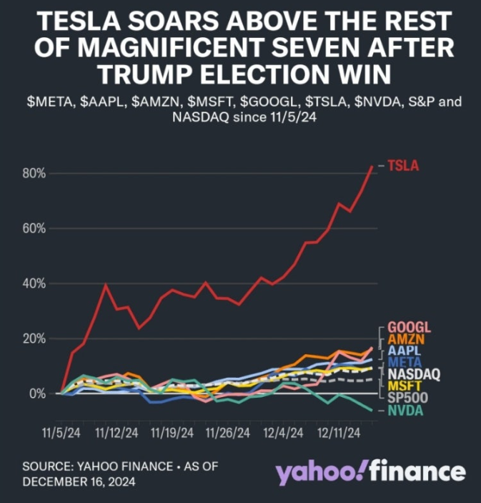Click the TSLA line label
(404, 166)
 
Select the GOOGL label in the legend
(408, 328)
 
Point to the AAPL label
(404, 351)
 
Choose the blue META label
(404, 363)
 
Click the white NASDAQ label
(414, 374)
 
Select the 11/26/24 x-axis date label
(227, 433)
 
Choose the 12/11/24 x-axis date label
(339, 433)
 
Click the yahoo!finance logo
(370, 473)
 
